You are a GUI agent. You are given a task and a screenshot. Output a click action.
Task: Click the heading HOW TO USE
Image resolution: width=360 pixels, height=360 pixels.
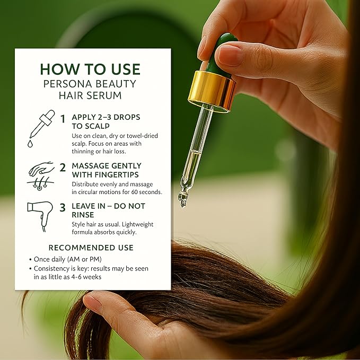[90, 69]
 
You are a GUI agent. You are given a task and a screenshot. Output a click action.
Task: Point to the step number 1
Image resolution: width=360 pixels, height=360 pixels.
[63, 120]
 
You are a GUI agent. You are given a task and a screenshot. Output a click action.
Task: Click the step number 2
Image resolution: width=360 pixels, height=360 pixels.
[63, 168]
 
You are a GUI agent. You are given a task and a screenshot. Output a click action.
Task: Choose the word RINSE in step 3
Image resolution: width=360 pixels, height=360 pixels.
[83, 215]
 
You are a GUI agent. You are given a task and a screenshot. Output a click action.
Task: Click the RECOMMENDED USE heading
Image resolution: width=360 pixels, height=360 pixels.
[91, 248]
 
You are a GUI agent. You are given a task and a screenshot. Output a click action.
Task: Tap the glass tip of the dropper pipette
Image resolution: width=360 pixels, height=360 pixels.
[183, 199]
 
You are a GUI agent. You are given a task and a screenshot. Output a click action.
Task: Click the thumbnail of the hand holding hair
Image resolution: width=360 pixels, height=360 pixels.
[92, 304]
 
